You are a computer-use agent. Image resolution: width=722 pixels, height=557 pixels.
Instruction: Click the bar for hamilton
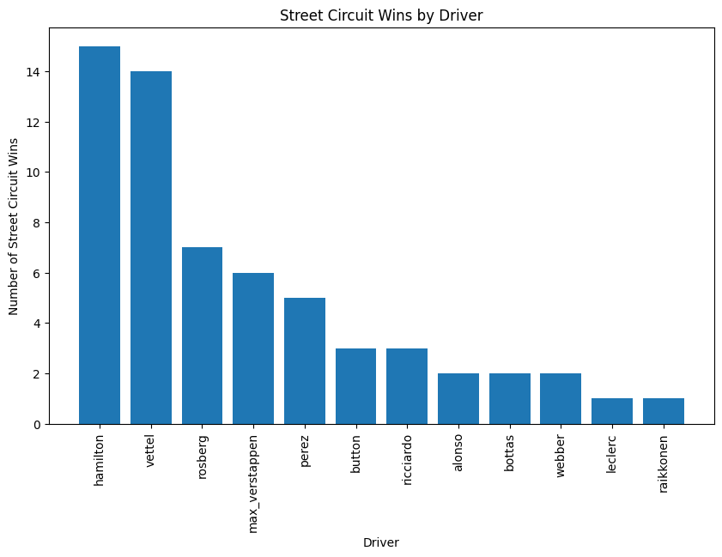[x=100, y=235]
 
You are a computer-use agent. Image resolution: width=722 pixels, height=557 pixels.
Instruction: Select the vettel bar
[x=151, y=248]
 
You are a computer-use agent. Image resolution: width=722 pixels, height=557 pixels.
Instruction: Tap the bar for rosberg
[x=202, y=336]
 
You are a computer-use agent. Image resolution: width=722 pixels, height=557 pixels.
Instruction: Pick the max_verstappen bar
[x=253, y=348]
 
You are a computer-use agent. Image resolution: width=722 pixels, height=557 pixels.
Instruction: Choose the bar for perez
[x=305, y=361]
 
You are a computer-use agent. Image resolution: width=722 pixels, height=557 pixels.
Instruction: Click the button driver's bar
[x=355, y=386]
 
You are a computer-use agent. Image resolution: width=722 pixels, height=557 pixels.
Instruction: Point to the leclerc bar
[x=612, y=411]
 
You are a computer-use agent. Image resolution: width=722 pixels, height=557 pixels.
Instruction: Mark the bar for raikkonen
[x=664, y=411]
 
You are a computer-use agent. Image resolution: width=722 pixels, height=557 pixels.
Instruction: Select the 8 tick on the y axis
[x=37, y=223]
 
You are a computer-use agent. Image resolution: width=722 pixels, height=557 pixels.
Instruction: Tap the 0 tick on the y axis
[x=37, y=425]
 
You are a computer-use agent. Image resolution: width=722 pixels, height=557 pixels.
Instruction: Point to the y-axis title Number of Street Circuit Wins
[x=15, y=227]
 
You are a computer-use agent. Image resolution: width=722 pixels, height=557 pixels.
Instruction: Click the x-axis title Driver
[x=381, y=542]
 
